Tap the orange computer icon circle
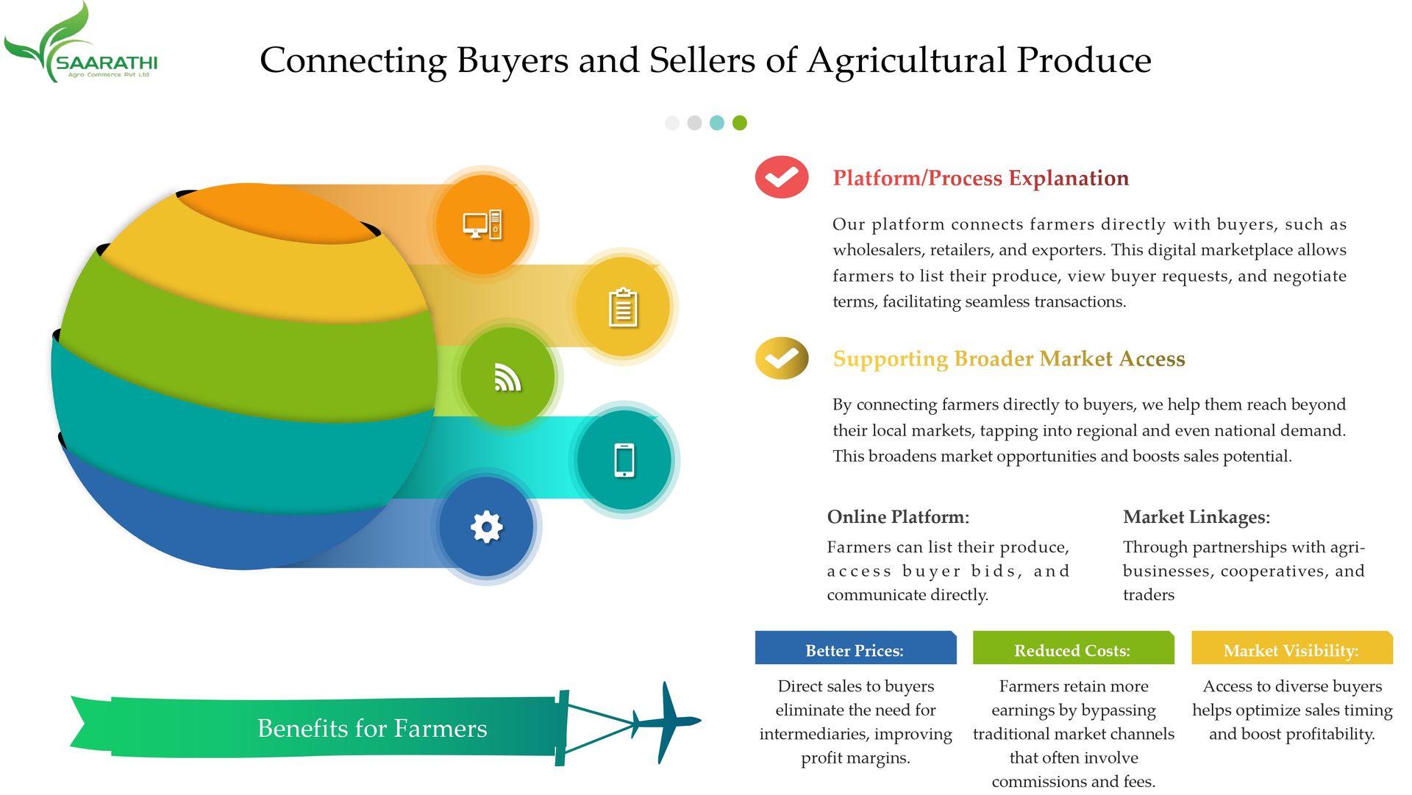[x=482, y=224]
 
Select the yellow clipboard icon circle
[x=623, y=307]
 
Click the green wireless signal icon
[x=507, y=377]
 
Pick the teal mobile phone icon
[x=624, y=460]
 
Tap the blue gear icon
[x=486, y=527]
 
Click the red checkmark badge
[x=782, y=177]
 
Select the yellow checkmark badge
[x=782, y=358]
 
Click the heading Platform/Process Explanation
[x=980, y=178]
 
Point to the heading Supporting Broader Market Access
[x=1009, y=359]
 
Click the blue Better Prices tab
[x=855, y=648]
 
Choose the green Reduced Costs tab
[x=1073, y=648]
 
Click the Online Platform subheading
[x=898, y=517]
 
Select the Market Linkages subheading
[x=1197, y=517]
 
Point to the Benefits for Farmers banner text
[x=372, y=728]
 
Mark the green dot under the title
[x=740, y=123]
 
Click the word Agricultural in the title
[x=906, y=60]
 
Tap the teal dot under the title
[x=717, y=123]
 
